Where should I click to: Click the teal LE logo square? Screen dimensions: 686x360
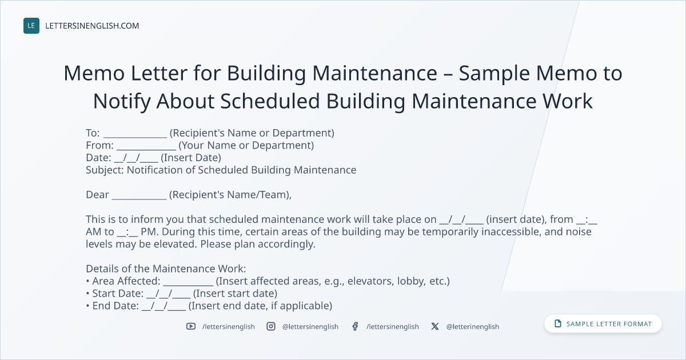pyautogui.click(x=31, y=26)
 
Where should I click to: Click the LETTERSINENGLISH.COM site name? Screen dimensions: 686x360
pyautogui.click(x=92, y=26)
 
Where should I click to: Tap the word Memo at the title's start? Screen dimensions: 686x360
pyautogui.click(x=94, y=73)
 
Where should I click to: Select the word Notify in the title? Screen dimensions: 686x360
pyautogui.click(x=122, y=101)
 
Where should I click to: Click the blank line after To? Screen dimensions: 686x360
pyautogui.click(x=135, y=137)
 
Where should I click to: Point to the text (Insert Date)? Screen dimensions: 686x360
pyautogui.click(x=191, y=158)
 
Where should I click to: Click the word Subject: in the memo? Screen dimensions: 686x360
pyautogui.click(x=105, y=170)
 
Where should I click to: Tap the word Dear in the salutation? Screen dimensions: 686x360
pyautogui.click(x=97, y=195)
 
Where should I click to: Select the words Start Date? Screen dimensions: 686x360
pyautogui.click(x=118, y=293)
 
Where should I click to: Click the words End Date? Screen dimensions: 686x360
pyautogui.click(x=115, y=306)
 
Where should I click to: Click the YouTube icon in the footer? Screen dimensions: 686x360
pyautogui.click(x=191, y=326)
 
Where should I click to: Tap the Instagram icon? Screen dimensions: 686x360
pyautogui.click(x=271, y=326)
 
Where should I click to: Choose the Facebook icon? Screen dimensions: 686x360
pyautogui.click(x=355, y=326)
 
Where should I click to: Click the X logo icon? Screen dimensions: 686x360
pyautogui.click(x=435, y=326)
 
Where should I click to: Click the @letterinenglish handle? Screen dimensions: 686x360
pyautogui.click(x=473, y=327)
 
